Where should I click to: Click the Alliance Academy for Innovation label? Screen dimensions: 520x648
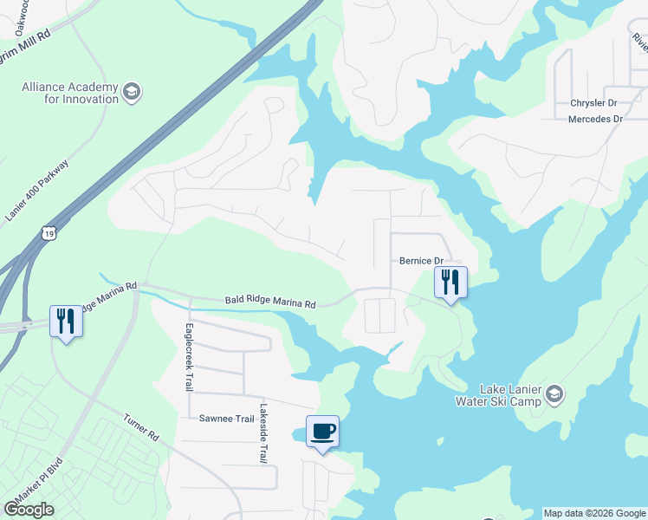[x=70, y=92]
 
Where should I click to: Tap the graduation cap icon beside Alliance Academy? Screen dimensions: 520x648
[x=132, y=92]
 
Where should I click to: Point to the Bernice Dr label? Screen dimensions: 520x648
[x=421, y=260]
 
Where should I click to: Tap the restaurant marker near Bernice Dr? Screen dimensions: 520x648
[x=450, y=283]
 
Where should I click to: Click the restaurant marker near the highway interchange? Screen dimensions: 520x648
[x=66, y=322]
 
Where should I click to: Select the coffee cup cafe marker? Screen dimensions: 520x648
[x=322, y=432]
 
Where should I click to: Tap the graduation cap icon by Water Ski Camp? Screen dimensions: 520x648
[x=554, y=395]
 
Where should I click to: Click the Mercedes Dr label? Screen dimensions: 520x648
[x=595, y=119]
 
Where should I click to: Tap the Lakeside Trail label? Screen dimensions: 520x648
[x=262, y=433]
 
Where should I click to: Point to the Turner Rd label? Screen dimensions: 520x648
[x=141, y=427]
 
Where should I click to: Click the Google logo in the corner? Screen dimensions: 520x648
[x=29, y=510]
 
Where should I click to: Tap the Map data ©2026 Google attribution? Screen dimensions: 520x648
[x=593, y=513]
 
